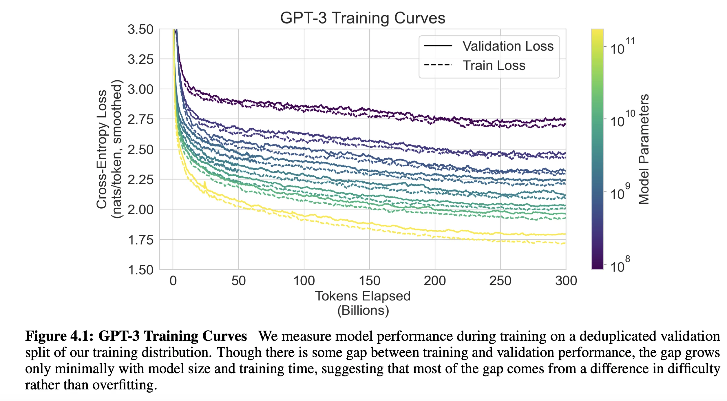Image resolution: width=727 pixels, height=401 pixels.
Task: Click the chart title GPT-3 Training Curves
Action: point(362,18)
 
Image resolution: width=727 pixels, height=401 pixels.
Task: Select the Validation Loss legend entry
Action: point(508,46)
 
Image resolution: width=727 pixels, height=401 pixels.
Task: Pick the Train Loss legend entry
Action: point(494,65)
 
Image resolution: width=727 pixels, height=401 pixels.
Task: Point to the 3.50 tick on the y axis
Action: point(140,30)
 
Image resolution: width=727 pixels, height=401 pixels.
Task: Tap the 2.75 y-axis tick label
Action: point(140,119)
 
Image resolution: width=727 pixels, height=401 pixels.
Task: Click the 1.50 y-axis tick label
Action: point(140,270)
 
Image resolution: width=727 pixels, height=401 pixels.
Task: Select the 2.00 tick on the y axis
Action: point(140,209)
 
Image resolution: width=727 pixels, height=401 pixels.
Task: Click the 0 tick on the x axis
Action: point(173,281)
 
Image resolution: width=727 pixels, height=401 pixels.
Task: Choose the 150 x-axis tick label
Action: point(369,281)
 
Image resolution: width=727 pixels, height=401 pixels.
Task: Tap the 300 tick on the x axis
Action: point(566,281)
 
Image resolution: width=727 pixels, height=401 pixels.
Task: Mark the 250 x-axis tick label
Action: point(500,281)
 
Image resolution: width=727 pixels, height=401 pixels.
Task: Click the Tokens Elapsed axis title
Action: point(363,296)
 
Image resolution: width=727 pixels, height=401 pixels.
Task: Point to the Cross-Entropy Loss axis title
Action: point(102,149)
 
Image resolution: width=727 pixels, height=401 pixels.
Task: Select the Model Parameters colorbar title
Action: point(644,149)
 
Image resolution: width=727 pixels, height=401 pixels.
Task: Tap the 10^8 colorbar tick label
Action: point(620,265)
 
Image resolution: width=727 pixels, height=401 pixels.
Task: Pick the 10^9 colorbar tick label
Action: point(620,192)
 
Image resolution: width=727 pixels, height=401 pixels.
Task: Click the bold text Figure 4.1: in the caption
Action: point(59,336)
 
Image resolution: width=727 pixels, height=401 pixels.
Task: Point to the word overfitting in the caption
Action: point(125,385)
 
